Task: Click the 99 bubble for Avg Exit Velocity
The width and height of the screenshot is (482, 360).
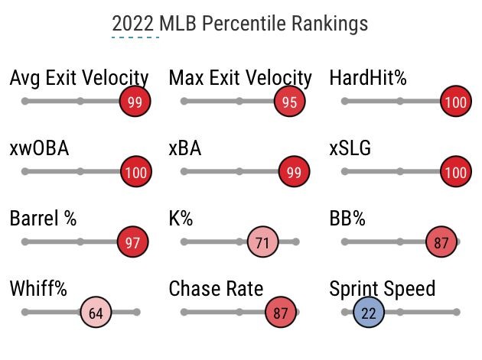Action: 135,102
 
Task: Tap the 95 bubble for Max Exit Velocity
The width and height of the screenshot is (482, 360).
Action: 288,102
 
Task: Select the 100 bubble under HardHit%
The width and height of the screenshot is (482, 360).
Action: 456,102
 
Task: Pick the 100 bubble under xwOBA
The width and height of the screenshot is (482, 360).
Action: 135,172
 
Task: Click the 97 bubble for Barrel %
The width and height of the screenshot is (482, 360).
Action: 132,242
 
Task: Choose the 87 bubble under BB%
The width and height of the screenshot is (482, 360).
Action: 441,242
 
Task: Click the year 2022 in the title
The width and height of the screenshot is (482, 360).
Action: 135,23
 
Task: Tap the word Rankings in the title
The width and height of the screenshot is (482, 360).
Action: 331,23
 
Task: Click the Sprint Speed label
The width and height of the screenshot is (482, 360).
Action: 382,289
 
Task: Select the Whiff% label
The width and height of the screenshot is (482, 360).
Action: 38,289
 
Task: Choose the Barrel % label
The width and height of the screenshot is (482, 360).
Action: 43,219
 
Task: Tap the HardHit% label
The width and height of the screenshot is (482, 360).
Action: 367,78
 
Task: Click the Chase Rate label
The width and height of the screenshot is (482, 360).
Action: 216,289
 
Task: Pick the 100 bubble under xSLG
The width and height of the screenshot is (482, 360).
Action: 456,172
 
